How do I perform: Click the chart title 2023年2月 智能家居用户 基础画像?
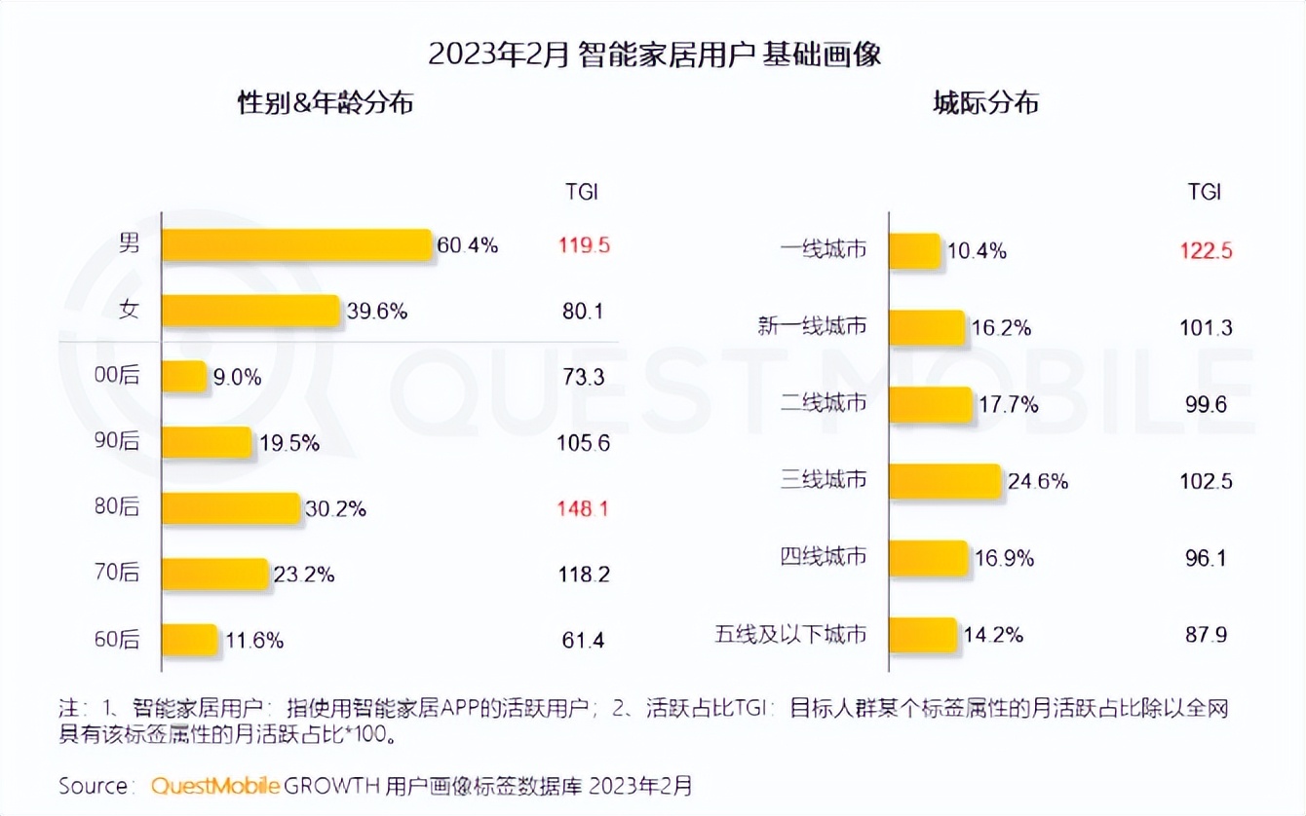click(x=654, y=54)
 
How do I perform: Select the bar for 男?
click(x=296, y=245)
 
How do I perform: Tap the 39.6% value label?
click(x=377, y=312)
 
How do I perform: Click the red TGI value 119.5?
click(x=584, y=245)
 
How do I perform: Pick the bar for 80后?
click(x=231, y=507)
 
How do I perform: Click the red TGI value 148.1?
click(x=584, y=508)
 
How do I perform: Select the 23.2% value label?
click(x=304, y=575)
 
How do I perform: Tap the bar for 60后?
click(x=189, y=640)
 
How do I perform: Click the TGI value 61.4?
click(x=584, y=640)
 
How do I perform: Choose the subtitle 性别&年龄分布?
click(x=326, y=103)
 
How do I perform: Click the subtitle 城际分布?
click(x=985, y=103)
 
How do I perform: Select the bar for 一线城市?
click(x=915, y=250)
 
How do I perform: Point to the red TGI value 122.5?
click(x=1205, y=250)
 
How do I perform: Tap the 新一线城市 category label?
click(x=812, y=326)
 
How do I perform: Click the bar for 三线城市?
click(x=945, y=480)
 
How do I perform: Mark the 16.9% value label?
click(x=1004, y=558)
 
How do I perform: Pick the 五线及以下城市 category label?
click(x=790, y=635)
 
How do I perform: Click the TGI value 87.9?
click(x=1205, y=635)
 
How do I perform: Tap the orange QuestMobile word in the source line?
click(x=215, y=785)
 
